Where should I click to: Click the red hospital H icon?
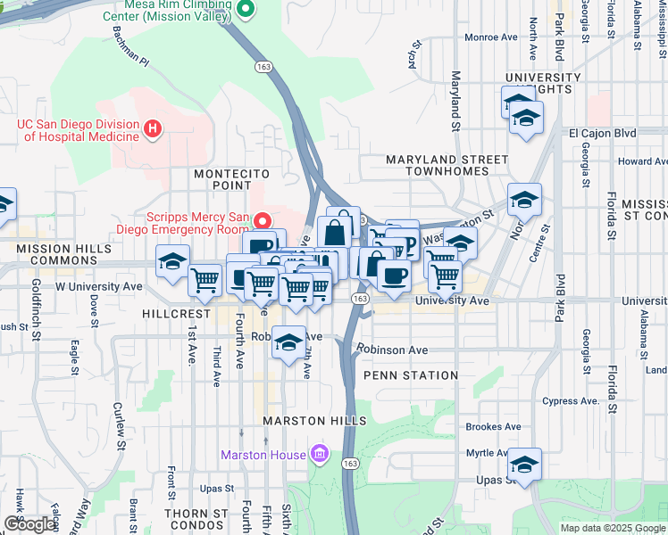click(153, 129)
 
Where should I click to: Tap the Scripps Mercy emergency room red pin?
click(263, 219)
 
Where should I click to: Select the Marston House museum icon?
click(319, 456)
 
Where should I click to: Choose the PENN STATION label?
click(411, 375)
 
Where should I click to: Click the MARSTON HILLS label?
click(314, 420)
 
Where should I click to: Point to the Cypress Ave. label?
click(572, 401)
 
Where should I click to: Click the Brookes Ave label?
click(492, 427)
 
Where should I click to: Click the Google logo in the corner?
click(29, 524)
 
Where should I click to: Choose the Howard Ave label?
click(642, 161)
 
